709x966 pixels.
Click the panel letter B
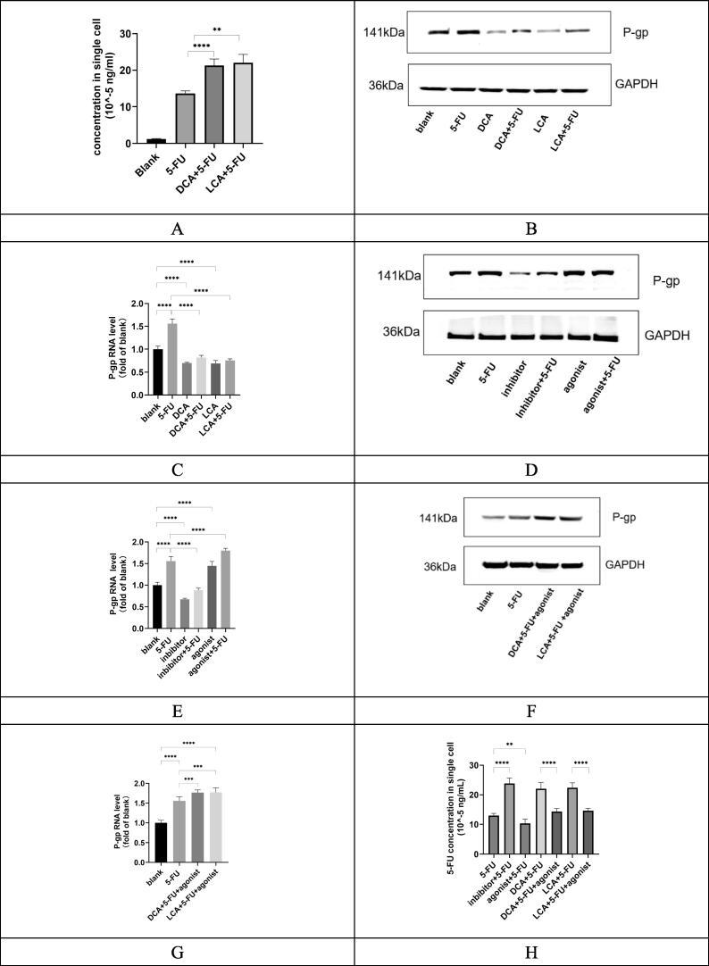click(x=531, y=229)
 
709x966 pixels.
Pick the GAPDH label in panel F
click(x=623, y=565)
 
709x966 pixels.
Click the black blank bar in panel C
click(x=158, y=371)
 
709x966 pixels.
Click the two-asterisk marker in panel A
click(x=241, y=29)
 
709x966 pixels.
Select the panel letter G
click(x=177, y=953)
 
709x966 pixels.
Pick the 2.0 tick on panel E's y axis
click(x=138, y=542)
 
